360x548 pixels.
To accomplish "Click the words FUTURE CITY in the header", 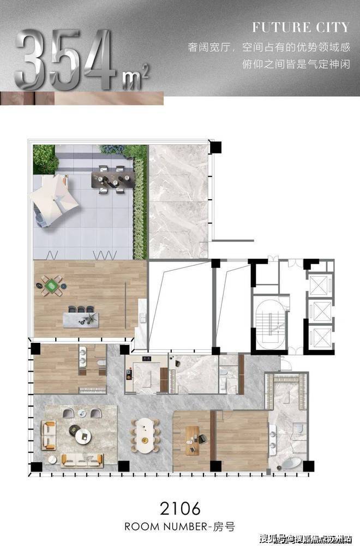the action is point(301,27).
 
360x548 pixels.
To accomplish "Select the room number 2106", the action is point(180,509).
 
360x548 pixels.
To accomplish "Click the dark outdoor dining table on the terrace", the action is point(112,179).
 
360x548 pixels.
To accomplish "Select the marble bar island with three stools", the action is point(81,319).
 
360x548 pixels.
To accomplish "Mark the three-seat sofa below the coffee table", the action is point(82,461).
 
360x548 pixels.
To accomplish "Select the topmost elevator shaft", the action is point(320,284).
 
